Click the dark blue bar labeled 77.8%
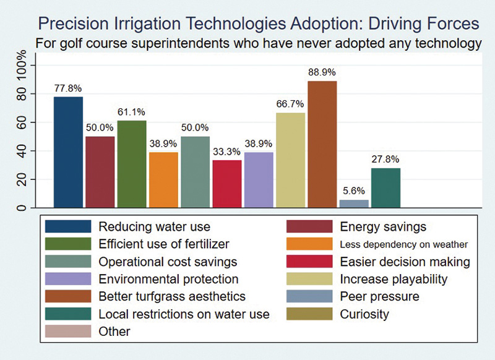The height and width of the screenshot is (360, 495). [68, 152]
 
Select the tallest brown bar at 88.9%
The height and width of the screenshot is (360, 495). [322, 144]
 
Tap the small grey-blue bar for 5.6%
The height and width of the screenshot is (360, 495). [354, 204]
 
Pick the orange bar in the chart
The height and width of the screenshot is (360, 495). [163, 179]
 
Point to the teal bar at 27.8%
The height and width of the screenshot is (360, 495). [386, 187]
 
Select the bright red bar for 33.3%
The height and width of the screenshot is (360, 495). [227, 184]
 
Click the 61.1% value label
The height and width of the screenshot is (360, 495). [131, 112]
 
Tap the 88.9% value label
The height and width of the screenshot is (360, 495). [322, 72]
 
